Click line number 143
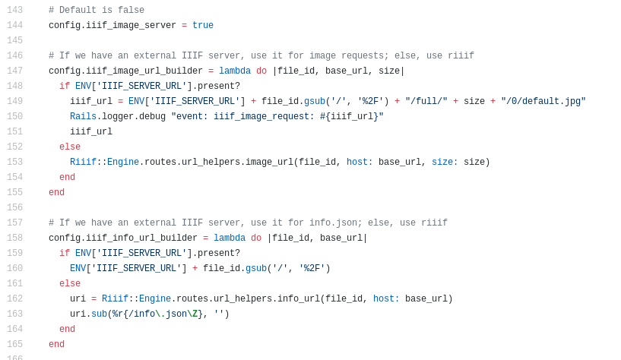click(14, 11)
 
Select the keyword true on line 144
click(203, 26)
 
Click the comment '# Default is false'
click(97, 11)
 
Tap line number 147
click(14, 71)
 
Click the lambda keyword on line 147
click(235, 71)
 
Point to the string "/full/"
click(426, 102)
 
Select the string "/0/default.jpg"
click(543, 102)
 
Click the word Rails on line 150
click(83, 117)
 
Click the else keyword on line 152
click(70, 147)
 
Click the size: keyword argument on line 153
click(445, 163)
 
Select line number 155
click(14, 193)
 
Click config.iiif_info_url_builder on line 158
click(123, 238)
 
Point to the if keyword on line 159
click(65, 254)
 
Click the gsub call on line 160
click(256, 269)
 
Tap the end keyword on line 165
click(56, 345)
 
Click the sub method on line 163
click(99, 314)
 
